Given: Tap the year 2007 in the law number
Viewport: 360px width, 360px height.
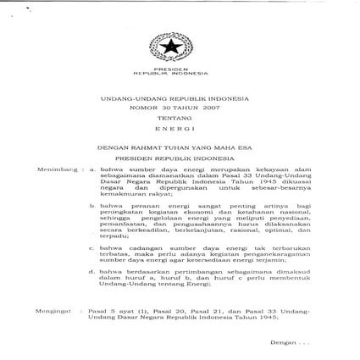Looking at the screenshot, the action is (206, 109).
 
